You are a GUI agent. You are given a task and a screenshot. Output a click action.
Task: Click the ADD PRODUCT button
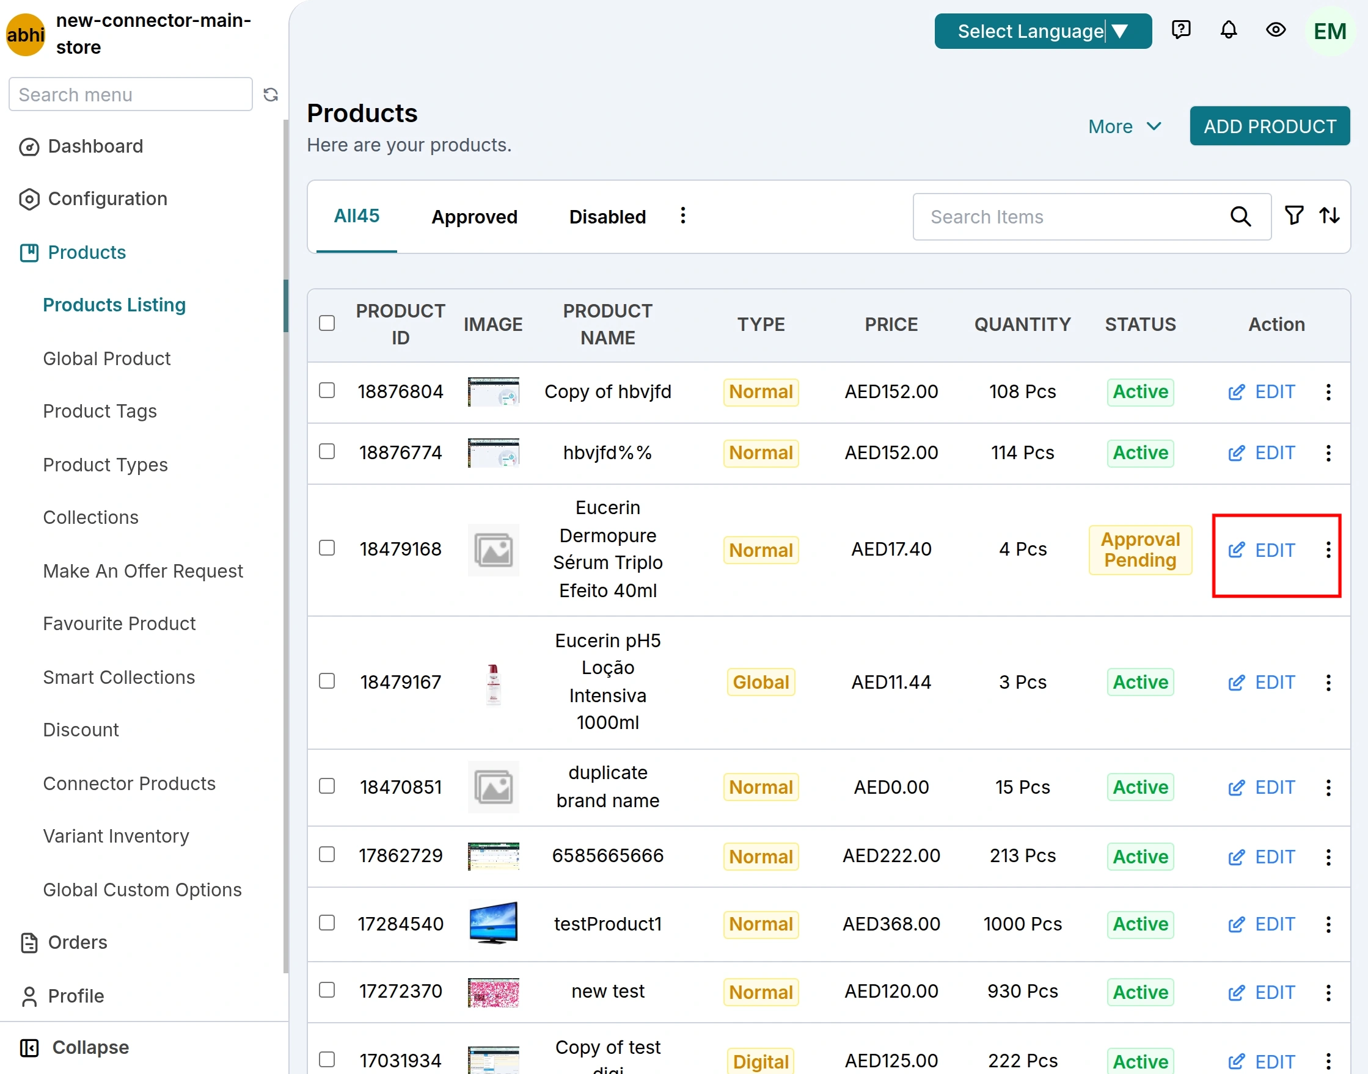click(x=1269, y=126)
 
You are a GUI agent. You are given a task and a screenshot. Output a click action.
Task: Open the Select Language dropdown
click(x=1043, y=31)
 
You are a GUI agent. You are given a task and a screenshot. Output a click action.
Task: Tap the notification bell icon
click(x=1228, y=30)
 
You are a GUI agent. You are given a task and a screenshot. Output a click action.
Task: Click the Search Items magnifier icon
click(x=1240, y=216)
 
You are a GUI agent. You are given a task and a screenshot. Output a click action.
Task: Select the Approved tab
click(x=475, y=217)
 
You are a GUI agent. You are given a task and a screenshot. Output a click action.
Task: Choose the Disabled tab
click(x=607, y=217)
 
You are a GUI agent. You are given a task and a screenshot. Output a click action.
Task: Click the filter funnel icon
click(x=1293, y=216)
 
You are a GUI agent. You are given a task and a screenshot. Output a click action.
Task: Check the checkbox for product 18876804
click(x=327, y=391)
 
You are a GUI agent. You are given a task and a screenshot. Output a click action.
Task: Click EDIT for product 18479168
click(x=1262, y=550)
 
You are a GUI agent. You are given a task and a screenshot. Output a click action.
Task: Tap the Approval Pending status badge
click(x=1140, y=550)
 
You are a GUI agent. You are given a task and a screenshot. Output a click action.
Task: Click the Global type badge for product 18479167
click(x=761, y=682)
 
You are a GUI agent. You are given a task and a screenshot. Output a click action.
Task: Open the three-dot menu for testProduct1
click(x=1328, y=924)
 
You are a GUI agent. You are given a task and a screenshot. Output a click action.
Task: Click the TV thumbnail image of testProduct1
click(x=493, y=923)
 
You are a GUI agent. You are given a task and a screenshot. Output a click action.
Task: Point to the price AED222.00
click(x=891, y=856)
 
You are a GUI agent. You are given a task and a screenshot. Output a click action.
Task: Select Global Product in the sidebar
click(x=107, y=358)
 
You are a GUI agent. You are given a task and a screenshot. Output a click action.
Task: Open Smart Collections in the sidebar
click(x=119, y=677)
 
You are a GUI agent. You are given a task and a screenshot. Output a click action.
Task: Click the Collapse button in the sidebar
click(x=75, y=1048)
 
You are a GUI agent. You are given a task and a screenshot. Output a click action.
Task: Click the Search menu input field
click(x=130, y=94)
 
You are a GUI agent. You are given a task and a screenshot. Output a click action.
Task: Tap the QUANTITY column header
click(x=1023, y=324)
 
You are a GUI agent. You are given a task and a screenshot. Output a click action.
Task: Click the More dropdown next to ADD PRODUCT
click(x=1124, y=126)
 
